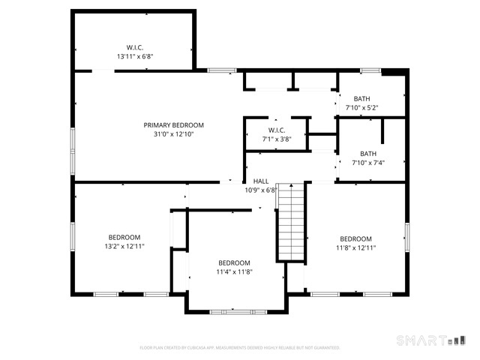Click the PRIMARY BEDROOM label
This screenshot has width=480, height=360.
click(x=174, y=125)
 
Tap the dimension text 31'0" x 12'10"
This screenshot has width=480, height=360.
click(x=174, y=134)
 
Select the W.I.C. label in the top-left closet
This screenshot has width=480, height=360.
click(x=136, y=46)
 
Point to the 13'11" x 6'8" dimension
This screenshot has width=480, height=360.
click(x=136, y=56)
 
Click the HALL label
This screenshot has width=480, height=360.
click(x=261, y=181)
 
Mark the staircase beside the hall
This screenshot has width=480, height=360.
click(x=291, y=222)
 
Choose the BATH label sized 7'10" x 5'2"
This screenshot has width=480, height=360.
click(x=362, y=99)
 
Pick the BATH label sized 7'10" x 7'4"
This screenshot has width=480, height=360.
click(x=368, y=154)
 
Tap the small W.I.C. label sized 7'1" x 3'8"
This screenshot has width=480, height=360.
click(x=277, y=130)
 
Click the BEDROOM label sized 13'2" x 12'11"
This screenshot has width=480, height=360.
click(x=124, y=238)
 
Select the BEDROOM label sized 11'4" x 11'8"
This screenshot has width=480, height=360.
click(x=234, y=262)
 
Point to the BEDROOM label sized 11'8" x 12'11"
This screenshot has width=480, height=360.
click(x=355, y=238)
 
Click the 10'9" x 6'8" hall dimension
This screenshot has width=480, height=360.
click(x=261, y=190)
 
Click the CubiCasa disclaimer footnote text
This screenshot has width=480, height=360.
click(x=240, y=348)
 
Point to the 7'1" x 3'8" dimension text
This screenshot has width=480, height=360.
click(x=277, y=139)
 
